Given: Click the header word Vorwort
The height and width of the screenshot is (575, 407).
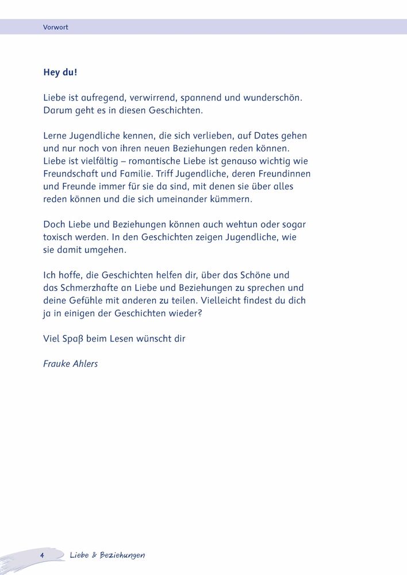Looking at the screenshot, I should click(56, 27).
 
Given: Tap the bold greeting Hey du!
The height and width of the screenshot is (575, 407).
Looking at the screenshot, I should click(60, 73).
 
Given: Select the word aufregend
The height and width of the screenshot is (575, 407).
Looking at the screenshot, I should click(100, 98).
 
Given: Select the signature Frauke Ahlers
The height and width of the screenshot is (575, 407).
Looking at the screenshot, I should click(71, 364).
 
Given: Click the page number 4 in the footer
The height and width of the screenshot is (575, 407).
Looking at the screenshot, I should click(43, 555).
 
